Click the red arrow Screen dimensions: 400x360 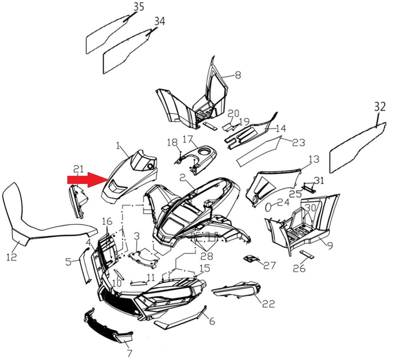88,180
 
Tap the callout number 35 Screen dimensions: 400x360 139,7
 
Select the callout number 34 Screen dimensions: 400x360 160,22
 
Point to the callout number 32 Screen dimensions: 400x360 380,107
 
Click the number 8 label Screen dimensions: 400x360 238,75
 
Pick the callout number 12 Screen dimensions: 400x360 12,257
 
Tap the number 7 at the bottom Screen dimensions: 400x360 129,353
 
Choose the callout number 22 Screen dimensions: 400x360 269,303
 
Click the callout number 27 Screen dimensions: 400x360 270,265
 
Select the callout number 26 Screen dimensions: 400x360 299,268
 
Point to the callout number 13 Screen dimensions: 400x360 314,159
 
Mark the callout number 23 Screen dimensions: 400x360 299,142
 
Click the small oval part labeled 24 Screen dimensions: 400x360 268,207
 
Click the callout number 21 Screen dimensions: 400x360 78,169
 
